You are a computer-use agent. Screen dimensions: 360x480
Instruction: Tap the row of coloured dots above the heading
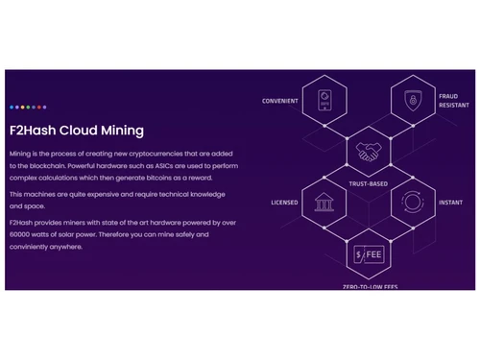pos(28,108)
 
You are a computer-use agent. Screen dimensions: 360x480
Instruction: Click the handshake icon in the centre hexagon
pos(368,152)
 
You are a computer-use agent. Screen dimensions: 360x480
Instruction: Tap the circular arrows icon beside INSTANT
pos(412,203)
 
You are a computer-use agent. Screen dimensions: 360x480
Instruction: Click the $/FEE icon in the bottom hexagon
pos(368,255)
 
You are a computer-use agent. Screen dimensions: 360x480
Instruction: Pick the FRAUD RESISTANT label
pos(454,101)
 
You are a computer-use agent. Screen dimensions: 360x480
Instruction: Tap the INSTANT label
pos(451,204)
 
